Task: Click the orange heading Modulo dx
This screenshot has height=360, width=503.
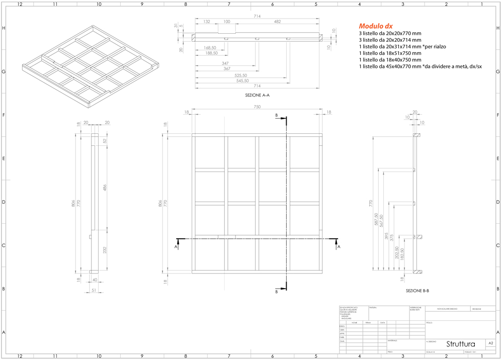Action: pos(376,26)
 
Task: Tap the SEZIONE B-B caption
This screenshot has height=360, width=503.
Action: pos(417,291)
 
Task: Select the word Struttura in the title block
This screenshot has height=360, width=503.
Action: pos(460,344)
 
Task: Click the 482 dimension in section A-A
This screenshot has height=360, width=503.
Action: pos(277,22)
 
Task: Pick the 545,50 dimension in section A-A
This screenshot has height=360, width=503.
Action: pos(240,80)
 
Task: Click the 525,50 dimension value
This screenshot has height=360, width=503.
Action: pos(240,75)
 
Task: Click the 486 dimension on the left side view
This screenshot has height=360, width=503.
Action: pos(104,188)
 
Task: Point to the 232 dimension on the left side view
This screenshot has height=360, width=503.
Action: pos(104,250)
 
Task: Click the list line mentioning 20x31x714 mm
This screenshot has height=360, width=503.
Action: pos(402,46)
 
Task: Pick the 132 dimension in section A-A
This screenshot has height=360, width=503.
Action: pos(207,22)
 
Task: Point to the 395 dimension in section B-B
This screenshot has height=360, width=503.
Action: pos(386,236)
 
